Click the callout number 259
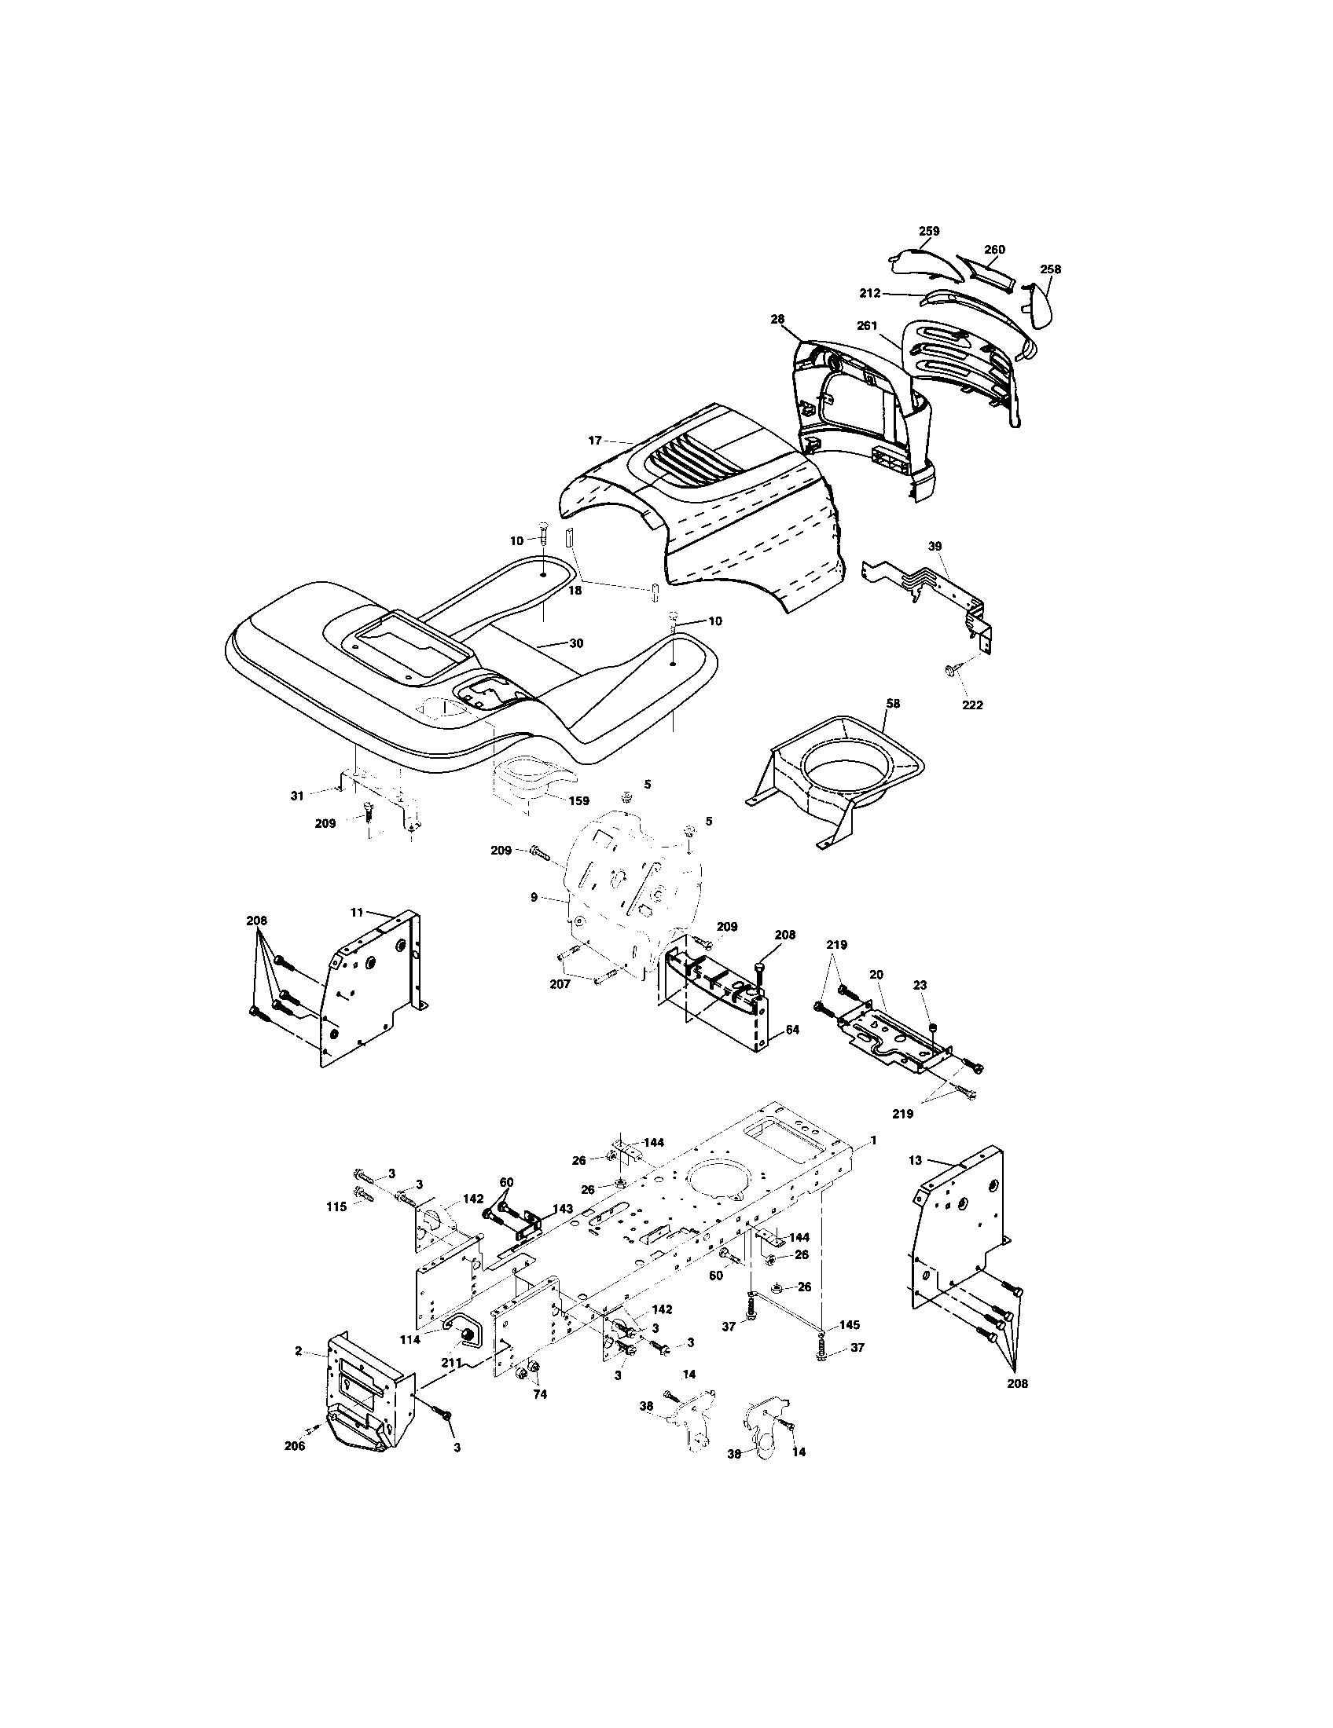928,231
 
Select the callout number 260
994,249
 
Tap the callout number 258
1050,269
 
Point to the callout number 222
971,705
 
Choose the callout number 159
578,800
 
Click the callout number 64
793,1031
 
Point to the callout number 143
563,1231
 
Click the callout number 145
850,1324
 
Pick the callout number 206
295,1444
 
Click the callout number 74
539,1394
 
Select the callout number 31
297,796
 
